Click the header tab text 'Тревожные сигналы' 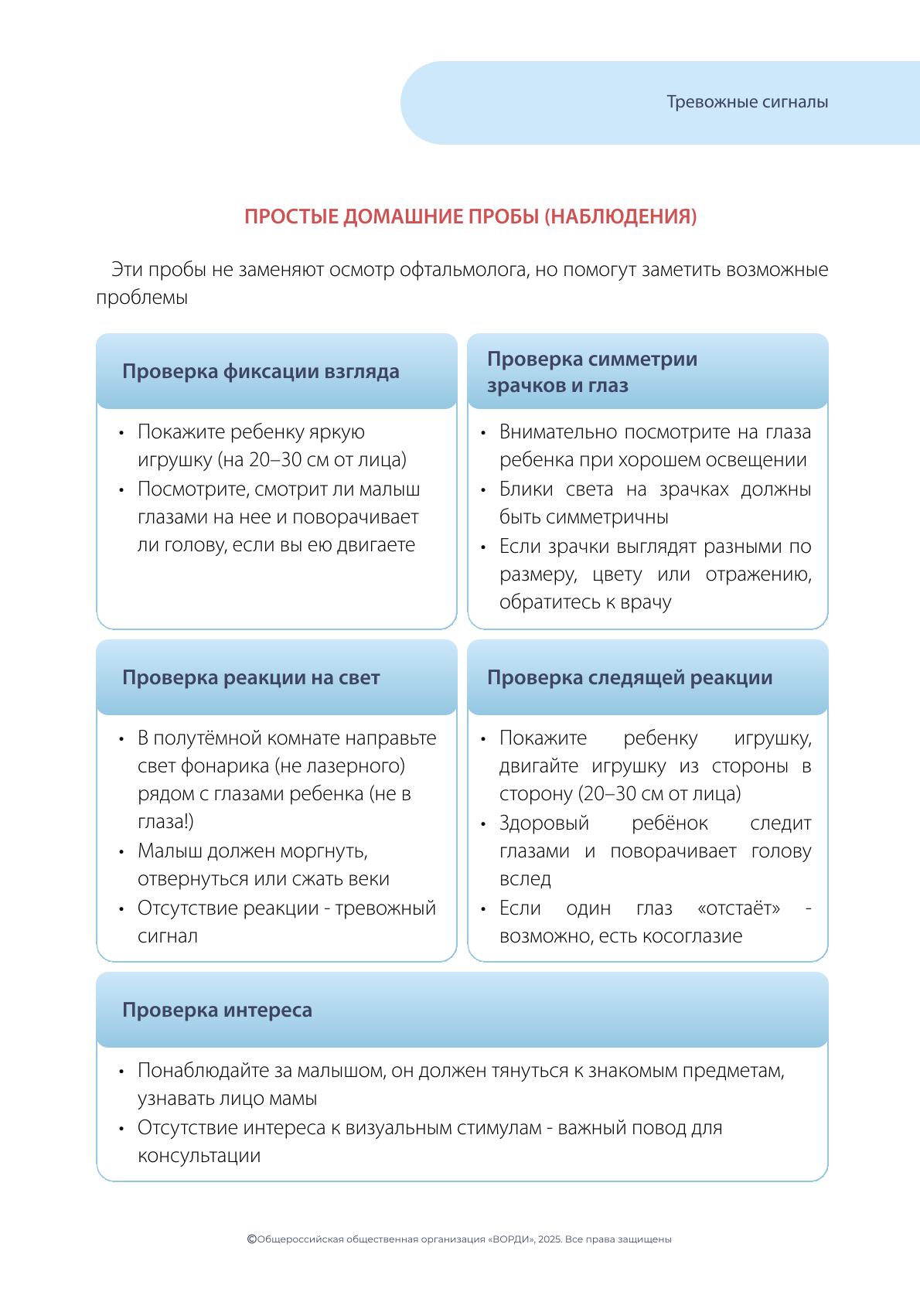click(747, 102)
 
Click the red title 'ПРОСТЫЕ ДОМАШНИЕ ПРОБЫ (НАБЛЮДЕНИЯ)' click(470, 216)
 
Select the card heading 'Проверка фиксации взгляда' click(261, 372)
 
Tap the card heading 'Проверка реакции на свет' click(250, 678)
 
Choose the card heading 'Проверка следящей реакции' click(629, 678)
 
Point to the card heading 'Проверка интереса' click(216, 1011)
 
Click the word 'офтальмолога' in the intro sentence click(464, 270)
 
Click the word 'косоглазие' click(700, 936)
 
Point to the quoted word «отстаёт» click(738, 908)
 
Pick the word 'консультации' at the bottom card click(199, 1156)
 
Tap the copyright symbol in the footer click(251, 1239)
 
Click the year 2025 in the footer click(549, 1239)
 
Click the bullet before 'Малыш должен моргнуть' click(121, 852)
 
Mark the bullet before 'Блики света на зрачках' click(483, 490)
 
